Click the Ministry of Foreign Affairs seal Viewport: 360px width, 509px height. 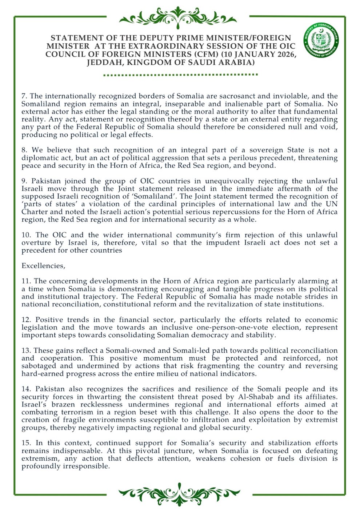321,41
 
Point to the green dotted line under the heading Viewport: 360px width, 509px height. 180,75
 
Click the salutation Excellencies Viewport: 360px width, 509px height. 43,266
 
